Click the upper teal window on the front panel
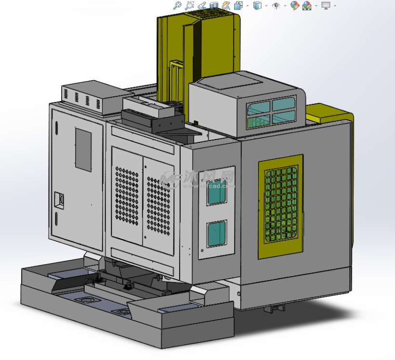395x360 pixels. pyautogui.click(x=217, y=193)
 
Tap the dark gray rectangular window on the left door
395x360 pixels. pyautogui.click(x=83, y=149)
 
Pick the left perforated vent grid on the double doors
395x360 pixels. pyautogui.click(x=127, y=196)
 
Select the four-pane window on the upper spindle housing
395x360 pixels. pyautogui.click(x=271, y=113)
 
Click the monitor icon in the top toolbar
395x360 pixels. pyautogui.click(x=326, y=6)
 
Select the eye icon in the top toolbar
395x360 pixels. pyautogui.click(x=276, y=6)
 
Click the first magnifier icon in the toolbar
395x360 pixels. pyautogui.click(x=177, y=6)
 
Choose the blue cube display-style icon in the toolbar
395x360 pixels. pyautogui.click(x=258, y=6)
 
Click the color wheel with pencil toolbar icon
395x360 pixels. pyautogui.click(x=294, y=6)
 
